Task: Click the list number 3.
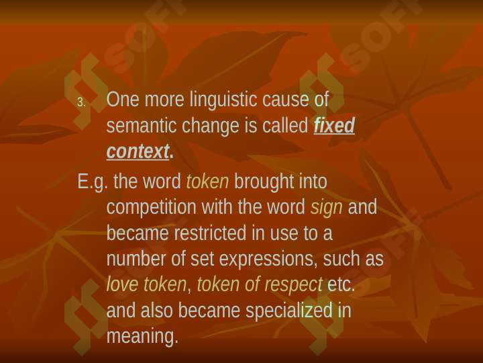point(81,102)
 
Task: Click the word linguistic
point(223,100)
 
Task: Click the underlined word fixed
point(334,125)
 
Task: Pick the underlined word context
point(138,151)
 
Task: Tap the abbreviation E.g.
point(93,182)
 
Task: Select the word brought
point(264,182)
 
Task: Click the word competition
point(152,208)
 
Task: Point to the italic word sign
point(327,208)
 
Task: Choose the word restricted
point(211,233)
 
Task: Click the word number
point(136,259)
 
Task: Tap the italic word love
point(122,284)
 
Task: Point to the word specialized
point(289,311)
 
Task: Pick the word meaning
point(142,337)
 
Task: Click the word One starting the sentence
point(123,99)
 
